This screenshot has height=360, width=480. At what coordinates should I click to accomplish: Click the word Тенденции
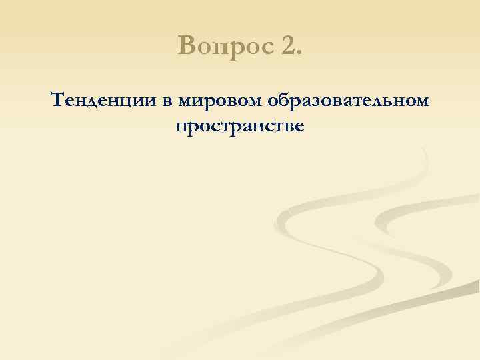tap(101, 101)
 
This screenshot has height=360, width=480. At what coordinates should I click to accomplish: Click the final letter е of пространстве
tap(298, 127)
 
